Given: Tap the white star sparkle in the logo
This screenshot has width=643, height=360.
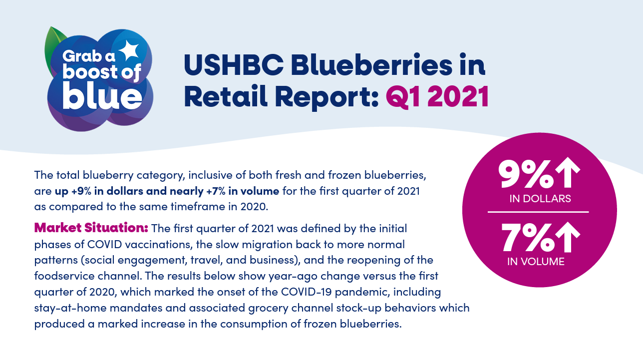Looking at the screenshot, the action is coord(129,50).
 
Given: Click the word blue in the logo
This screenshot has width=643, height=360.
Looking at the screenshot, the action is coord(102,95).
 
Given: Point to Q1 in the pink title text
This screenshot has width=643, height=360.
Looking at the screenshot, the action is coord(403,97).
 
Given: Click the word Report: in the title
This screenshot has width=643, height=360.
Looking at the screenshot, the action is coord(326,97).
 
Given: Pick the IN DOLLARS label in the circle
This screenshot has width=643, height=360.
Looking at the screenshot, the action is coord(540,199).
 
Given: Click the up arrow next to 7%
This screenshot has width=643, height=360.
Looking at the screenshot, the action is coord(568,237).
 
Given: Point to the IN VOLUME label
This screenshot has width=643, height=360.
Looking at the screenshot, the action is coord(536,262).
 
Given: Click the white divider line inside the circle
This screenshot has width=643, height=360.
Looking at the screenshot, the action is coord(538,212).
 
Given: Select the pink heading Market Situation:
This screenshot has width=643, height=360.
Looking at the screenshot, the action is coord(91,228).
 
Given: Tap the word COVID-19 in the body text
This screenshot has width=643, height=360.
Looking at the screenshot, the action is coord(306,292).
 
